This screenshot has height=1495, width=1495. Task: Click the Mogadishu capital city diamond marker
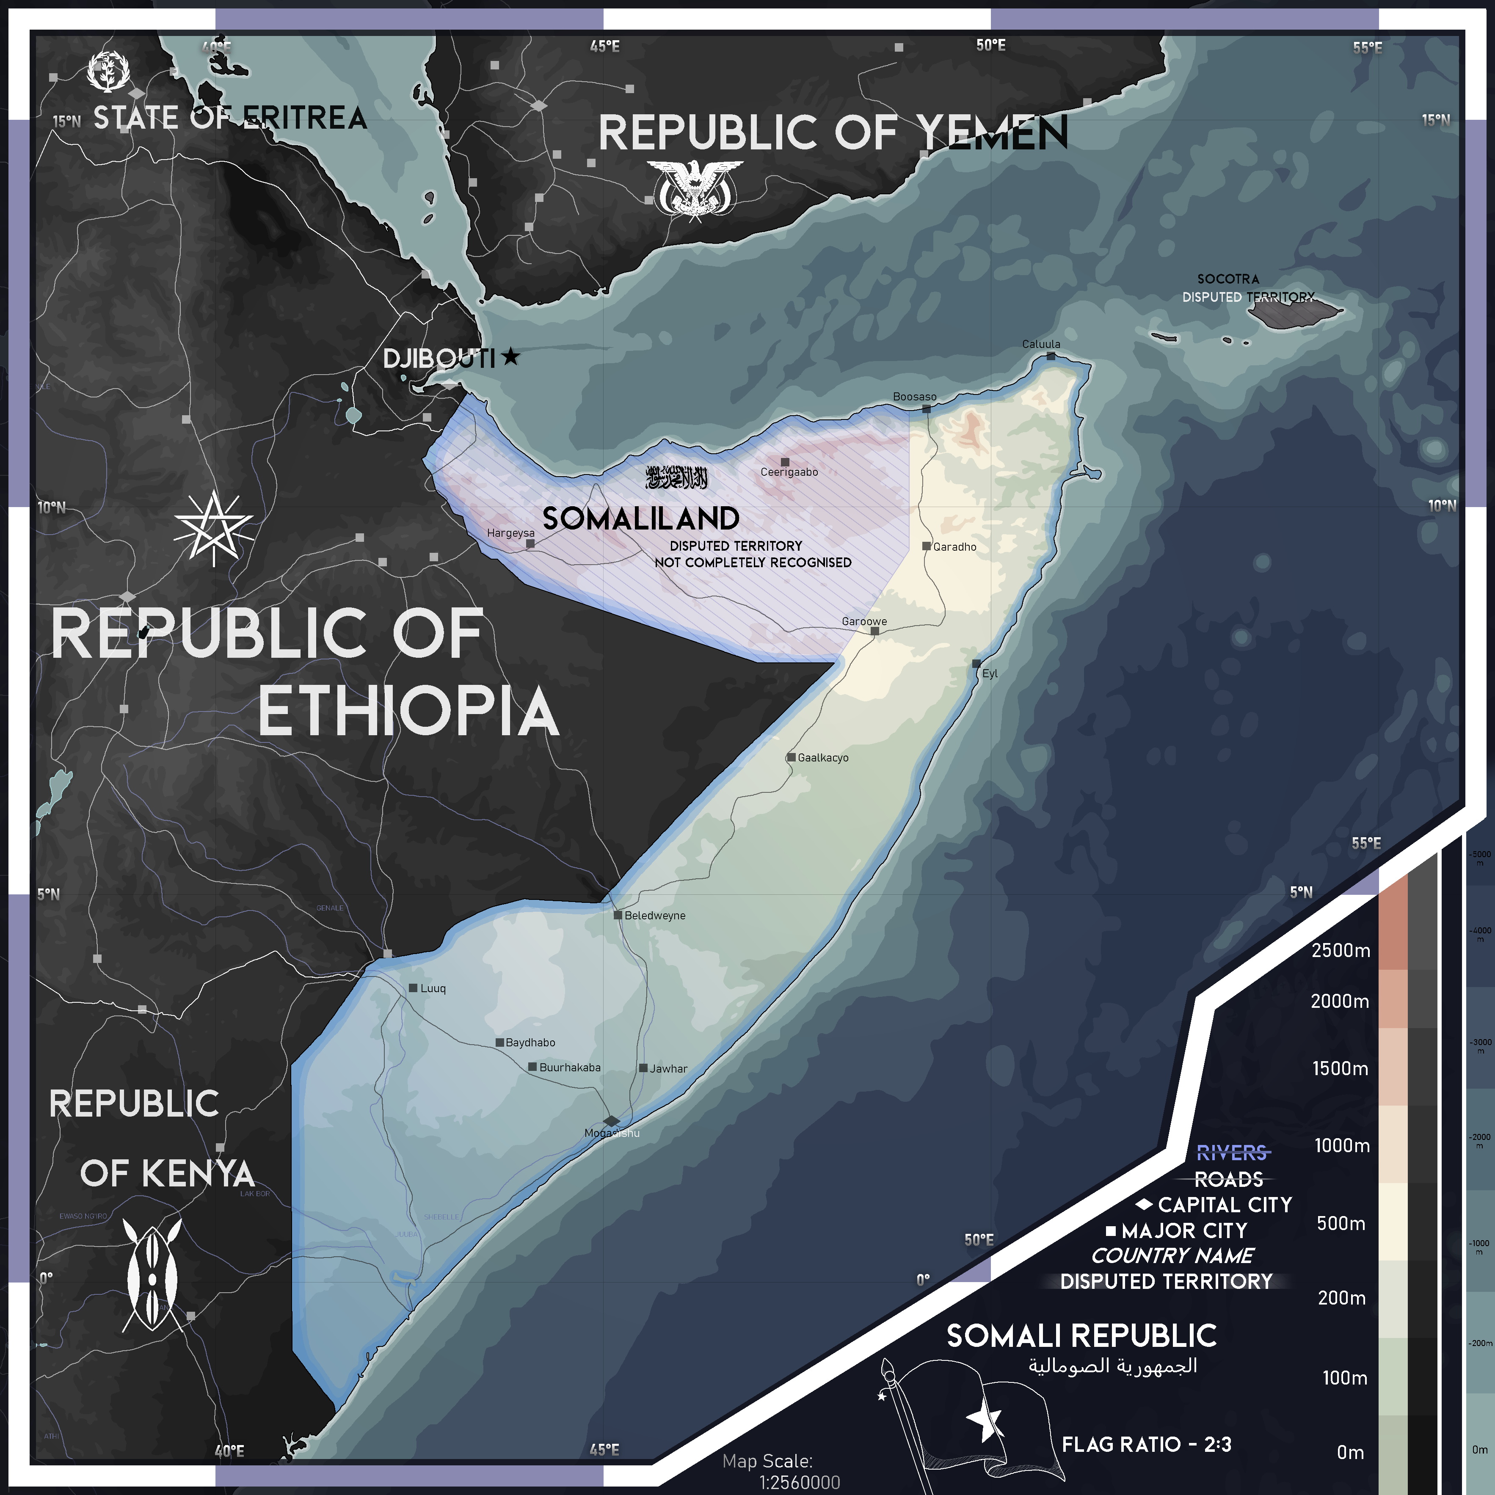611,1120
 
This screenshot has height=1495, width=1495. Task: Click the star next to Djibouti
511,357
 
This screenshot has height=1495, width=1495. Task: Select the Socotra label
1228,279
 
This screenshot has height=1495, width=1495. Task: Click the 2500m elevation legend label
1340,950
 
